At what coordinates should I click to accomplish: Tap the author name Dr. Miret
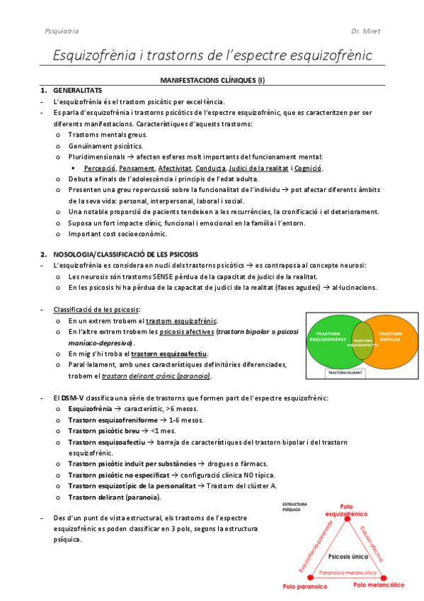[365, 31]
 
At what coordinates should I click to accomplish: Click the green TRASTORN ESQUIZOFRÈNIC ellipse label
[327, 337]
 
